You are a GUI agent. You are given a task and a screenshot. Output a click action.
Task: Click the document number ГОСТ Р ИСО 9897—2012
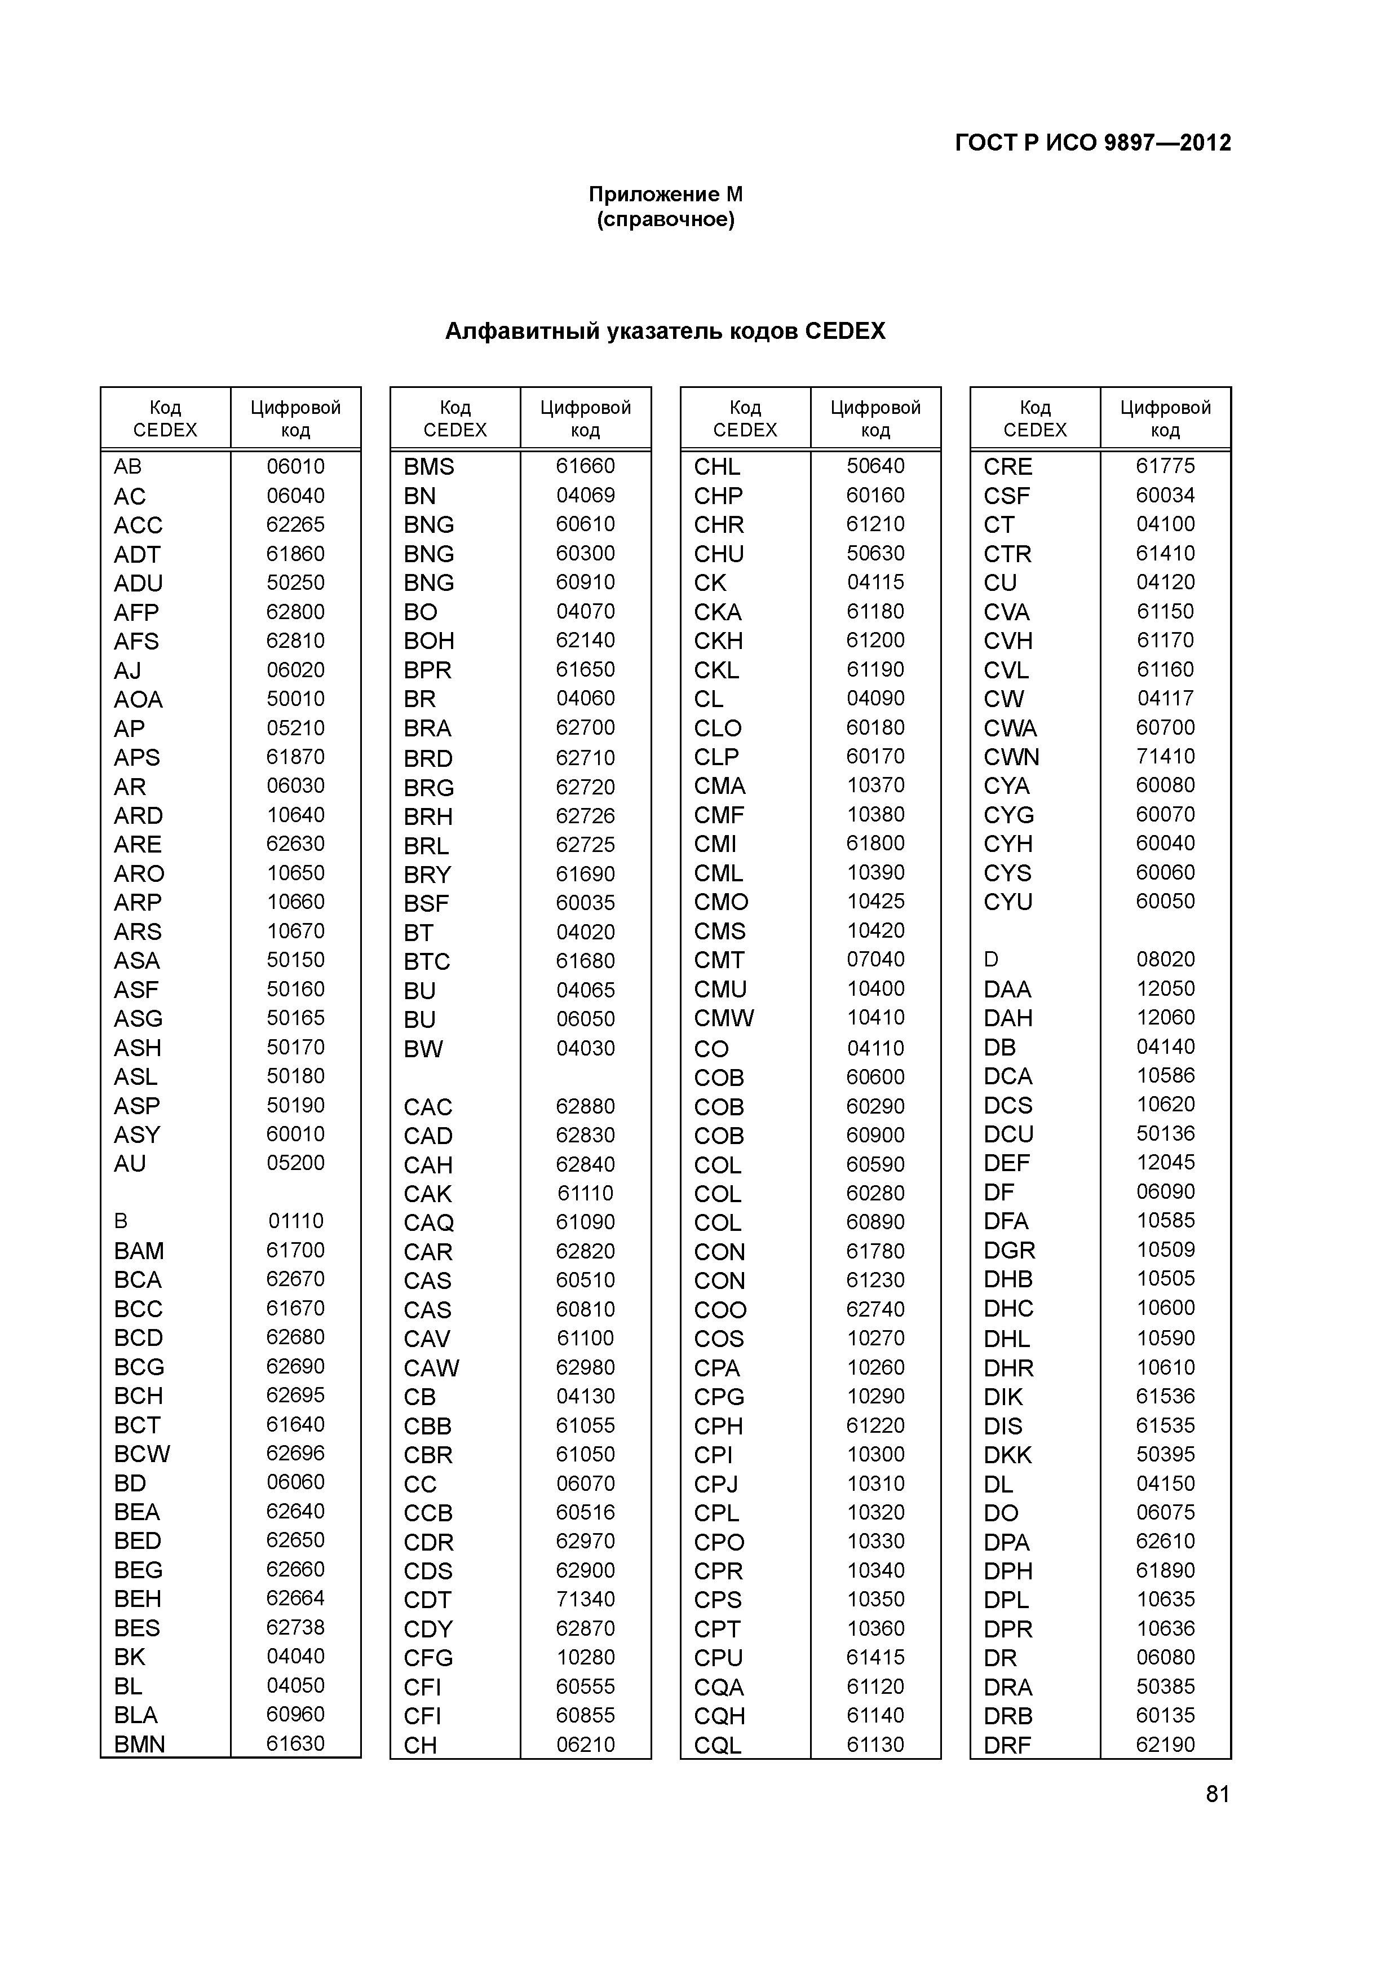(x=1092, y=143)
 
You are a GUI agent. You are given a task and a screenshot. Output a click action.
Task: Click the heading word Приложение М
(x=665, y=195)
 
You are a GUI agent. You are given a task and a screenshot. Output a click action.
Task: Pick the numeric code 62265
(x=295, y=524)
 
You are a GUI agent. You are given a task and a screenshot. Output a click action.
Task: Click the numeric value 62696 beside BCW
(x=295, y=1454)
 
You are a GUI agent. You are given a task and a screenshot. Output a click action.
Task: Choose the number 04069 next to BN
(x=585, y=496)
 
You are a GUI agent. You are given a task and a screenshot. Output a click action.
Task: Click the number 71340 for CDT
(x=585, y=1599)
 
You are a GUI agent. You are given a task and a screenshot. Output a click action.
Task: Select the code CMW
(x=724, y=1018)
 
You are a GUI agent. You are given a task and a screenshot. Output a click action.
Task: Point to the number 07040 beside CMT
(x=875, y=960)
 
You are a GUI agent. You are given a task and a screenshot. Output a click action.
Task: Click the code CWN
(x=1011, y=757)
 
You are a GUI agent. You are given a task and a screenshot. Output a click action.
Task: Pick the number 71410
(x=1165, y=756)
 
